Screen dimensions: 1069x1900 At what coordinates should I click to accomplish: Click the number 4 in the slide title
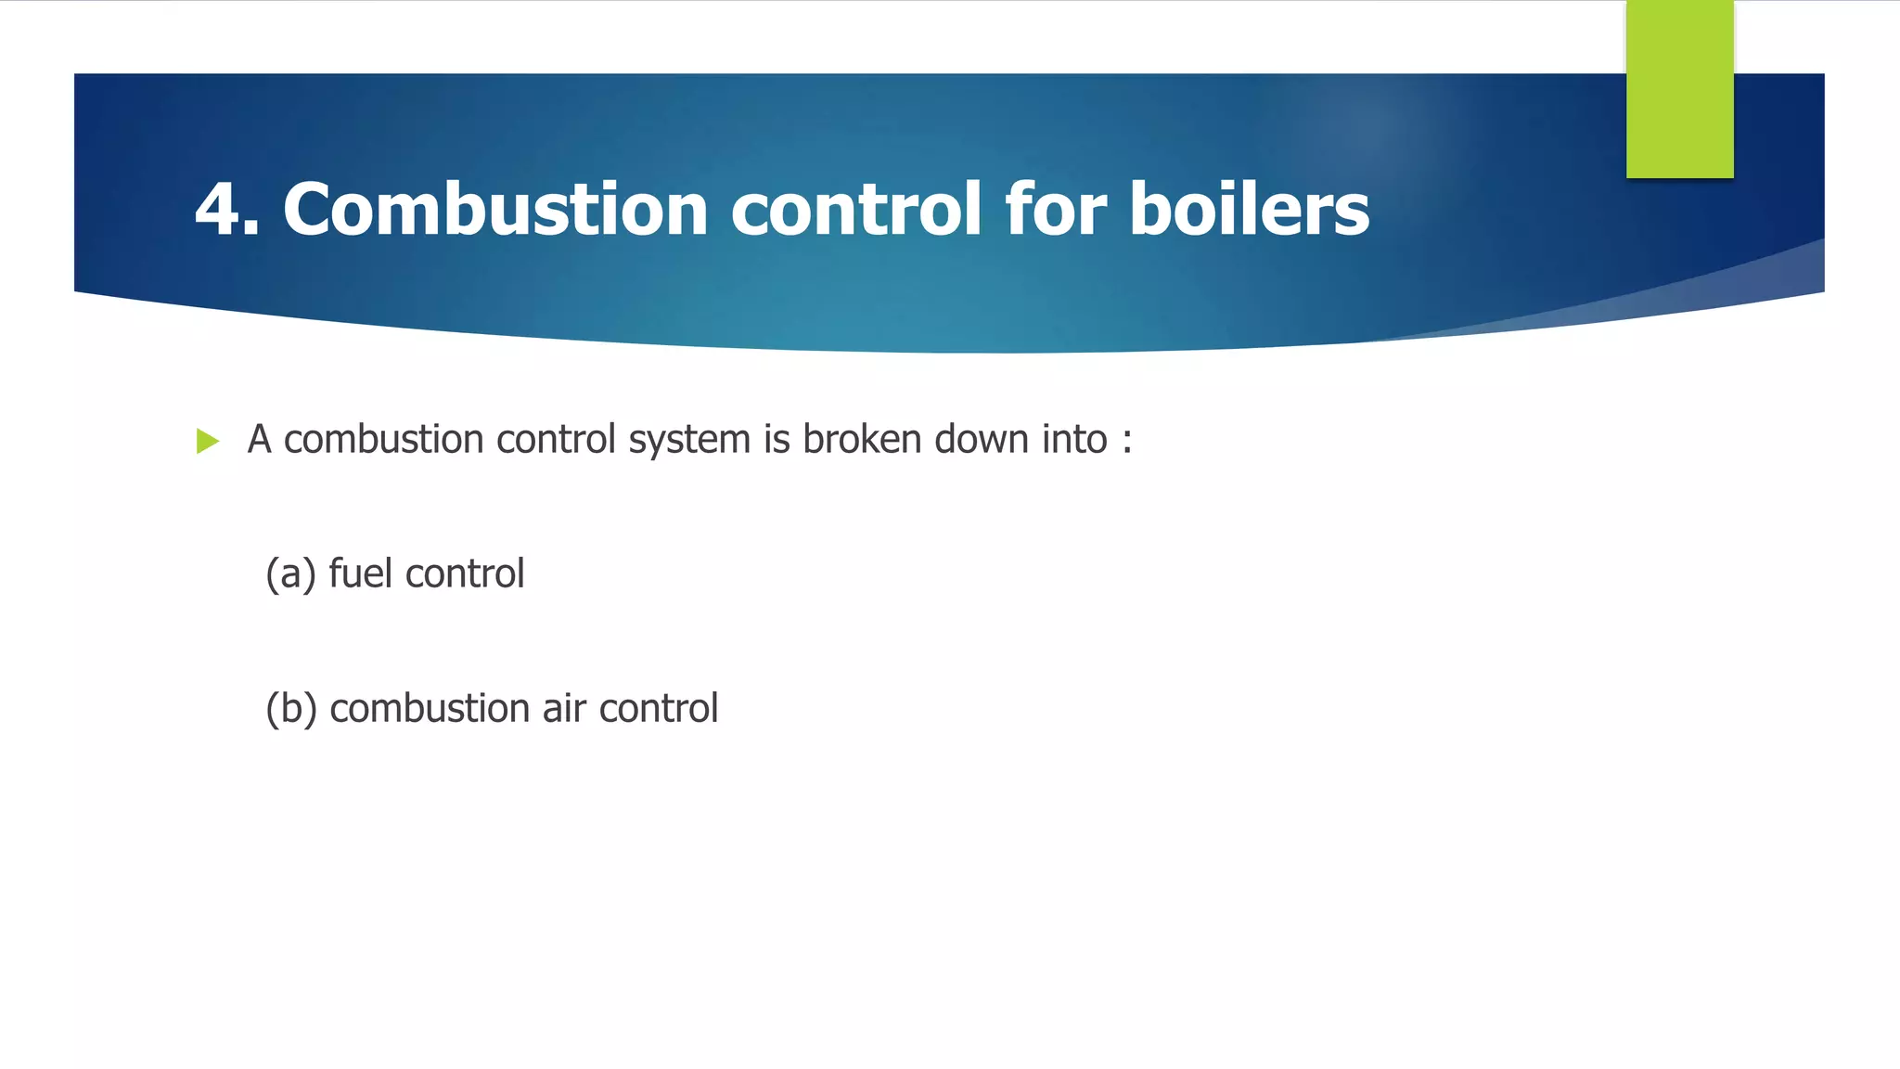tap(220, 210)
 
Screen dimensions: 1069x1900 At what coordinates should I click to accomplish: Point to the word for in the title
tap(1055, 210)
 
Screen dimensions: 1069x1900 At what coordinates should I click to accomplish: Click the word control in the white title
tap(855, 210)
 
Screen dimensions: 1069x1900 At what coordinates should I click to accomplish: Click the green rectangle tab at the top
tap(1679, 89)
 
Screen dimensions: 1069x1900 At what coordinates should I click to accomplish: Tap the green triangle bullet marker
tap(208, 441)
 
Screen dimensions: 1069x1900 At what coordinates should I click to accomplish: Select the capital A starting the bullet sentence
tap(259, 440)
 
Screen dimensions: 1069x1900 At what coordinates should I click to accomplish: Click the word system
tap(689, 440)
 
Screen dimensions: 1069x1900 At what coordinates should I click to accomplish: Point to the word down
tap(982, 440)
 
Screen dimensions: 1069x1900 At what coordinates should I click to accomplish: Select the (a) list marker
tap(290, 574)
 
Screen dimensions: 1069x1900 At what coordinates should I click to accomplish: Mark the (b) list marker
tap(291, 709)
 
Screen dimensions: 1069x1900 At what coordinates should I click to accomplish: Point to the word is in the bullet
tap(777, 440)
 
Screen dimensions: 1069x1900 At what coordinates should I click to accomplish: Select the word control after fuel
tap(465, 573)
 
